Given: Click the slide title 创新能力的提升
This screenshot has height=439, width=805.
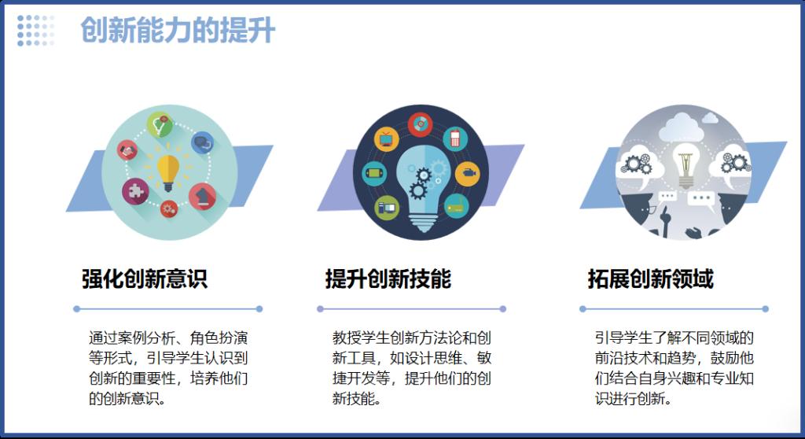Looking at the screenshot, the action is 178,31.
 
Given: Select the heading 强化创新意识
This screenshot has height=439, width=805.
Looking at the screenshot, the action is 145,279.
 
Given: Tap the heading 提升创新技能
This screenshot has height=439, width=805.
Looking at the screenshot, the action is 388,279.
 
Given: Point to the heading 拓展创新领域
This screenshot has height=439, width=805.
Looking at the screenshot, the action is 650,279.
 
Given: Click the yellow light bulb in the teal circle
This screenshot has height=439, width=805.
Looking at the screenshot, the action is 168,172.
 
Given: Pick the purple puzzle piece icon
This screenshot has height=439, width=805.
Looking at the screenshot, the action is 135,191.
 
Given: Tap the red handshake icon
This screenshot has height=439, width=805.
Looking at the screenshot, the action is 127,150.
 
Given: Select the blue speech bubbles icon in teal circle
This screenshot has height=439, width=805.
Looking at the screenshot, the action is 202,142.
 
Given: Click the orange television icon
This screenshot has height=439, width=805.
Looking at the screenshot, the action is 386,138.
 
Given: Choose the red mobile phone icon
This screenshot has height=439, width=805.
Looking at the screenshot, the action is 455,138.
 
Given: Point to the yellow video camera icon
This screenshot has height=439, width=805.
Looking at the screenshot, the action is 467,174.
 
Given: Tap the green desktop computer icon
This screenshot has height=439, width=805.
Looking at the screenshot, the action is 387,208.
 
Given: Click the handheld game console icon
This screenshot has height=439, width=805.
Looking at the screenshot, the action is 373,173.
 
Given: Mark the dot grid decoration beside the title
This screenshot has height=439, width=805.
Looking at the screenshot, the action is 35,31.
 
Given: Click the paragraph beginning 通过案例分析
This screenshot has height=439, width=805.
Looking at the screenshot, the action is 168,367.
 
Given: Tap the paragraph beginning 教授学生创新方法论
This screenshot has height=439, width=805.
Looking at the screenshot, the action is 411,367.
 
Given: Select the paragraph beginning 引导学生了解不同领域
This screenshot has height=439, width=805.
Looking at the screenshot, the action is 674,367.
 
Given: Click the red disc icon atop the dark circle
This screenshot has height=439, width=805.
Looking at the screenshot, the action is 420,124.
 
